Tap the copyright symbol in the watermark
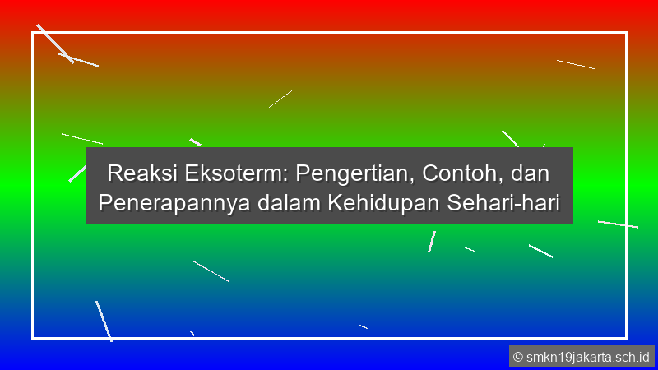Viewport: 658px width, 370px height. coord(518,357)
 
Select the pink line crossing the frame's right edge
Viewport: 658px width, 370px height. coord(618,224)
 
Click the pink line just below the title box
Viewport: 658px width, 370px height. coord(432,242)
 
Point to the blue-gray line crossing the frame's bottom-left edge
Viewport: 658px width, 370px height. coord(103,320)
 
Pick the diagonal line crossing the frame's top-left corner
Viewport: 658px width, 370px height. coord(54,43)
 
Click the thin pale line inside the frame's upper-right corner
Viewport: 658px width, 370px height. coord(575,64)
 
